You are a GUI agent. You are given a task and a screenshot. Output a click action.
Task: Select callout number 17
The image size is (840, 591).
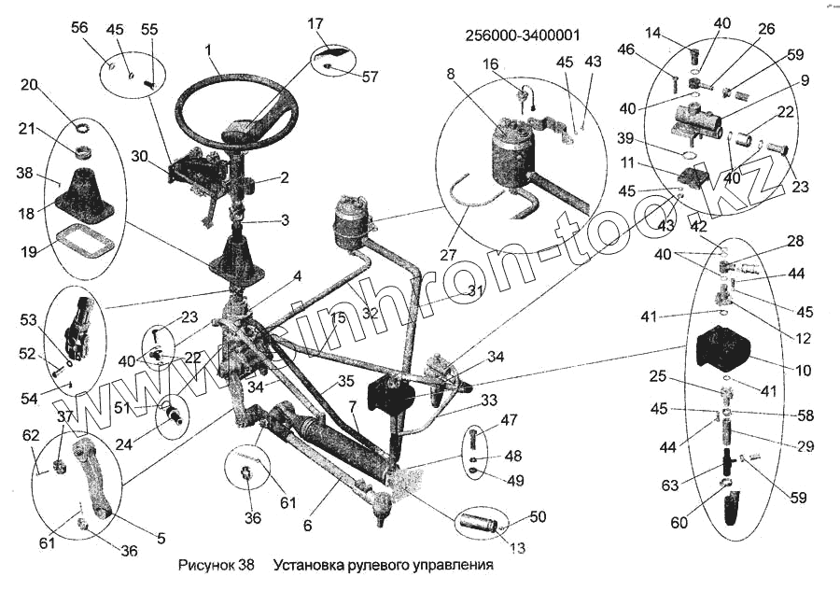click(315, 22)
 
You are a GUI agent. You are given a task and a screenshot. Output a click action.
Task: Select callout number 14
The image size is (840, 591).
click(652, 33)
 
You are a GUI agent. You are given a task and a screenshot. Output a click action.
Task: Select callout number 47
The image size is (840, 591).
click(509, 421)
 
